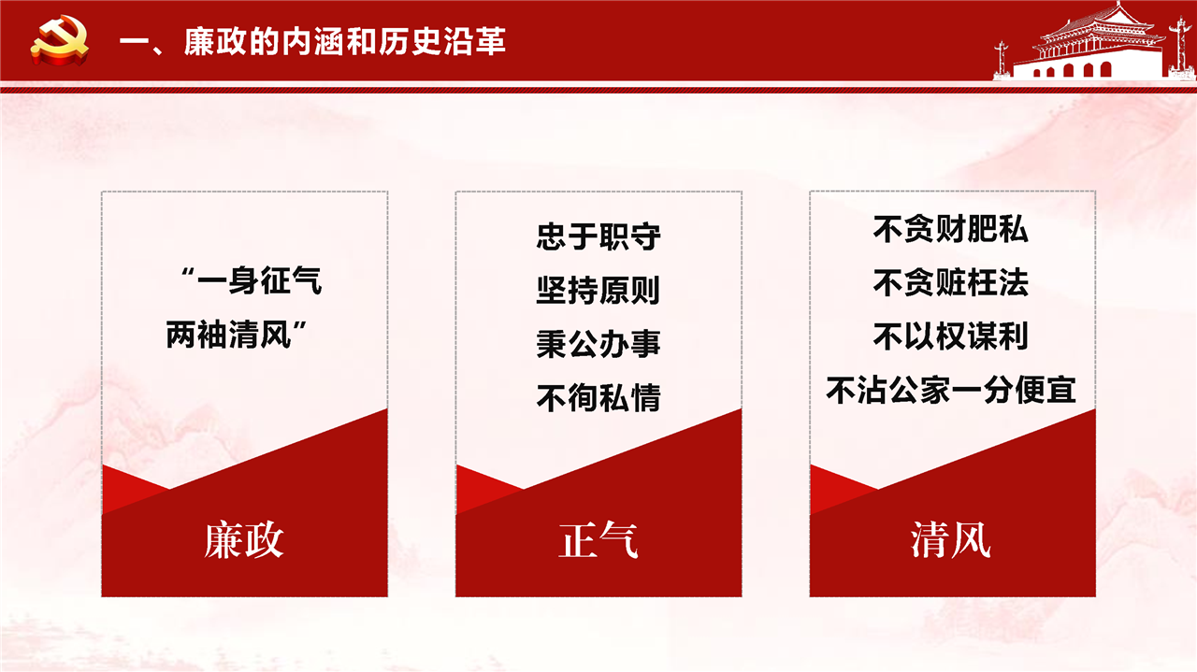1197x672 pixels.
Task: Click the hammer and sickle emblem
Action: (x=60, y=40)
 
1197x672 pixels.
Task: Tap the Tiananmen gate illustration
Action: (x=1093, y=42)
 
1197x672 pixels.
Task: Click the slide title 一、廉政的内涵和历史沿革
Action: (x=312, y=41)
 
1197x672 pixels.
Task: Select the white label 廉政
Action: (x=244, y=540)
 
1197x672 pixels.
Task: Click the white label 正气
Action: (x=598, y=540)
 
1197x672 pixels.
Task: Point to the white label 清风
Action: (x=951, y=540)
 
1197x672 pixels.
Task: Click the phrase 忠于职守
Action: (x=598, y=236)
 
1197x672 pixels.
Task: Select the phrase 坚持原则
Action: (x=598, y=290)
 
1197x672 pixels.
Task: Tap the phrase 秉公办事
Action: (x=598, y=344)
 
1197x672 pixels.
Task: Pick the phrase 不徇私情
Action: (x=598, y=398)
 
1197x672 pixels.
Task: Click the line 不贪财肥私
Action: (x=951, y=229)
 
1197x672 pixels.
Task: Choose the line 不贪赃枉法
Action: (x=951, y=282)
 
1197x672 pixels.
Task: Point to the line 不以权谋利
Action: (x=951, y=336)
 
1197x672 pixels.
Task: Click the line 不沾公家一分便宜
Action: (x=951, y=390)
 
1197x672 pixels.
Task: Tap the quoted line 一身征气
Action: (x=252, y=280)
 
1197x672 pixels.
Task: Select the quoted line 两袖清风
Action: (x=237, y=335)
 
